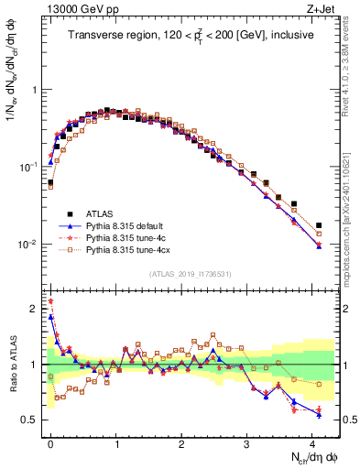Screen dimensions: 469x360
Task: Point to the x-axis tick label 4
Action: pos(312,442)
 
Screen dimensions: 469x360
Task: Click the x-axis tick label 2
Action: pos(181,442)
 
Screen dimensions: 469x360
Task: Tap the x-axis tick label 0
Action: pos(50,442)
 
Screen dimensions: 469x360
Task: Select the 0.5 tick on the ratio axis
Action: pos(30,420)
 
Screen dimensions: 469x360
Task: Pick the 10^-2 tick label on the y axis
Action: pos(27,245)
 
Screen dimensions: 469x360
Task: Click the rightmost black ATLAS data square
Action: pos(319,225)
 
